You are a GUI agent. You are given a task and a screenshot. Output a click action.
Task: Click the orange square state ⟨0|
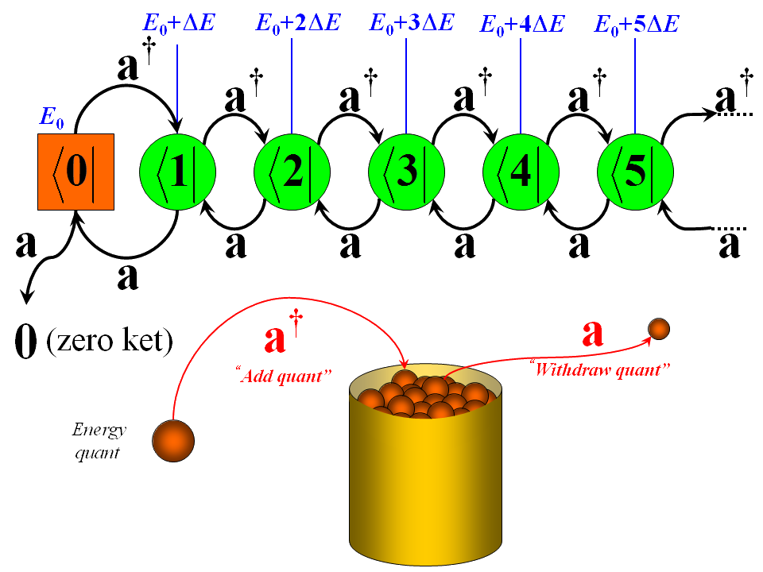[76, 172]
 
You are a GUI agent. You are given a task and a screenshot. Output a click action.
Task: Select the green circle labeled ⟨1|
[177, 172]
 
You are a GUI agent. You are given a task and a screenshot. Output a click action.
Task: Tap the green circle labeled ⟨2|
[292, 172]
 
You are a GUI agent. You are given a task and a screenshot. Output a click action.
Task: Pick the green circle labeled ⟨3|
[406, 172]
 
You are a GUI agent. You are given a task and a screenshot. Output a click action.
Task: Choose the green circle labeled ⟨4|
[521, 172]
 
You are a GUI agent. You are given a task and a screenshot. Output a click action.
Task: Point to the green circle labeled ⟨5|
[635, 172]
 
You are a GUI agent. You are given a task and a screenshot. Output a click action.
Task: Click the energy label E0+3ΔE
[412, 21]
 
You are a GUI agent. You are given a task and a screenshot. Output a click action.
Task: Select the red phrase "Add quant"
[284, 374]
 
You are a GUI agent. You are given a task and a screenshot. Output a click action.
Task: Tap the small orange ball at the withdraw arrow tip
[659, 327]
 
